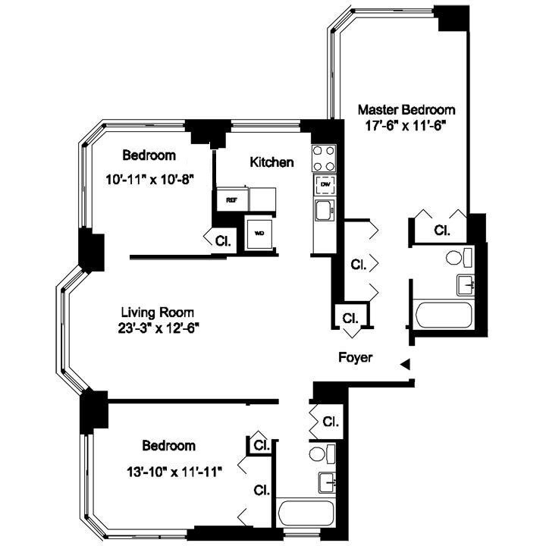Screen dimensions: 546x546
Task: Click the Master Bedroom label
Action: (406, 109)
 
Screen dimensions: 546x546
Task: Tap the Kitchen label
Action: (271, 162)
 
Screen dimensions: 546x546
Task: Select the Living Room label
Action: (158, 312)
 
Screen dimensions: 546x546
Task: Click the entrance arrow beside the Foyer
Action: (406, 365)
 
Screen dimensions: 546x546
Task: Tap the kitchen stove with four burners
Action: (324, 158)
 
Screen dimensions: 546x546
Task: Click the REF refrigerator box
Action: (231, 199)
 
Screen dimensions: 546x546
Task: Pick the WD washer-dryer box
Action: (259, 232)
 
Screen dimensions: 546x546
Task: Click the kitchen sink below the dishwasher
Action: (324, 210)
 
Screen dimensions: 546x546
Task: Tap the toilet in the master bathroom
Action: (456, 257)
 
